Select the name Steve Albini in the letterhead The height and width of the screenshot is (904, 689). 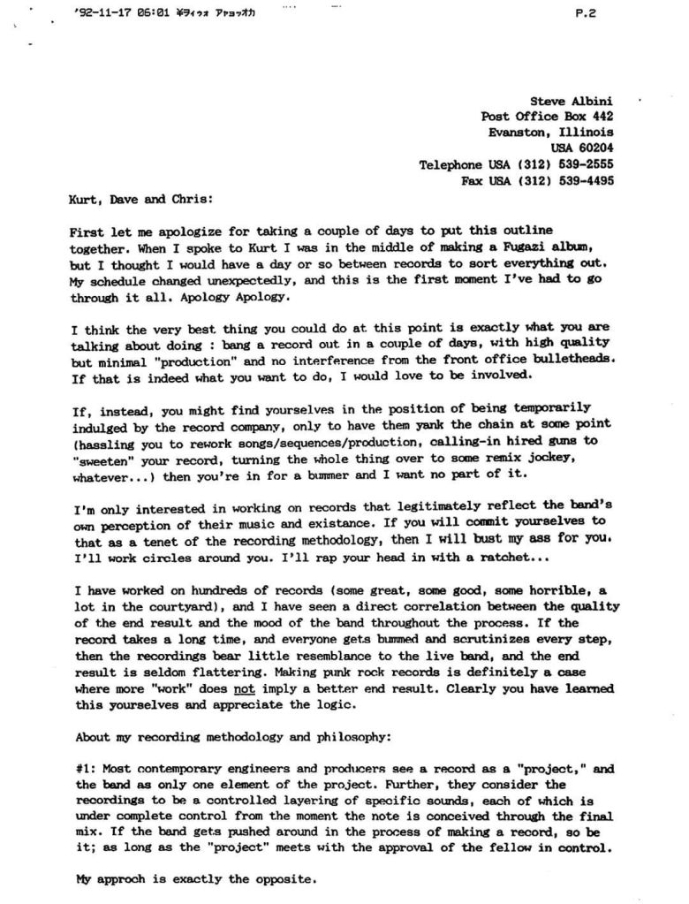pos(572,102)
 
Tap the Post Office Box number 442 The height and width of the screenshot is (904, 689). pos(602,117)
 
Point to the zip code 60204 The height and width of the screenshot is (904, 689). pos(594,148)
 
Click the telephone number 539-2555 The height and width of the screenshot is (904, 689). pos(582,164)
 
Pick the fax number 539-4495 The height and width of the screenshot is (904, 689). pos(582,180)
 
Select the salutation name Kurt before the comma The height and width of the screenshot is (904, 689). pos(83,200)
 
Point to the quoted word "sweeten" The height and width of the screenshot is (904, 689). pos(102,460)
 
